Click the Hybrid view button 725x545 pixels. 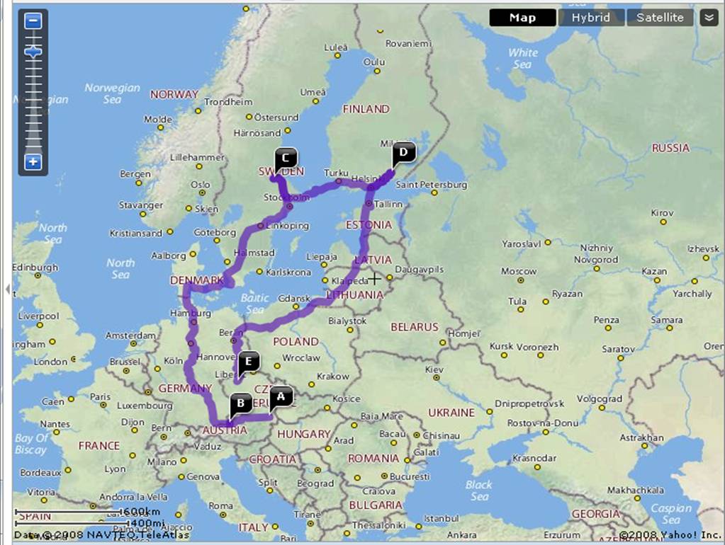click(x=591, y=18)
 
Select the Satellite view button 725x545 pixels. click(x=660, y=18)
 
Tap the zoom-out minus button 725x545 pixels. click(x=33, y=21)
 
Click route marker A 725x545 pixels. click(x=281, y=397)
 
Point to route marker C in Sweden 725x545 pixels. click(x=286, y=158)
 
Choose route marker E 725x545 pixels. click(x=247, y=362)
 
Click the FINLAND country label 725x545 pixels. click(x=366, y=109)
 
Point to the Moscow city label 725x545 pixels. click(x=519, y=271)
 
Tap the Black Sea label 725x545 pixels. click(x=479, y=490)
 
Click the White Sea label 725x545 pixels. click(x=522, y=58)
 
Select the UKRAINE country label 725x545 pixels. click(x=451, y=412)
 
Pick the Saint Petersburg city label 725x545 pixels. click(x=432, y=185)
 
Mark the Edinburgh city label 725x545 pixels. click(x=35, y=268)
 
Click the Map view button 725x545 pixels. click(x=522, y=18)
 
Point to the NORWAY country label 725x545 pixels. click(x=174, y=94)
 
